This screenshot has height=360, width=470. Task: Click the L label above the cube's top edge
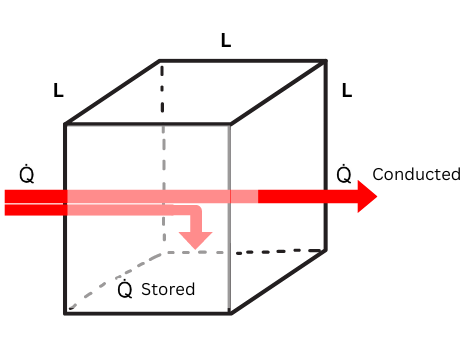226,41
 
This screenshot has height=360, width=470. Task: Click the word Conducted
416,174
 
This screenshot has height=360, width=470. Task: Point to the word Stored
168,290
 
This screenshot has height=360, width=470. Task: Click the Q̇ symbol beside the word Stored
125,289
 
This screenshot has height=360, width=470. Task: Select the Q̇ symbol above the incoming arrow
26,174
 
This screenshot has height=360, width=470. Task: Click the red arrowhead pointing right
366,197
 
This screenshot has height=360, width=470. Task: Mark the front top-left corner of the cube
66,124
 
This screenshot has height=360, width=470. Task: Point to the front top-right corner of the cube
231,124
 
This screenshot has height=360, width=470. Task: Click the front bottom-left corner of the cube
66,313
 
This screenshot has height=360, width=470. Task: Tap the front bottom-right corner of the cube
231,313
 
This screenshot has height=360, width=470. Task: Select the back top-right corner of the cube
326,61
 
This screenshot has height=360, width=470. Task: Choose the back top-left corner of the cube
160,61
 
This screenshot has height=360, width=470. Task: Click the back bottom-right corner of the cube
326,248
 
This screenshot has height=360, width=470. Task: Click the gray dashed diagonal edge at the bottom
112,282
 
